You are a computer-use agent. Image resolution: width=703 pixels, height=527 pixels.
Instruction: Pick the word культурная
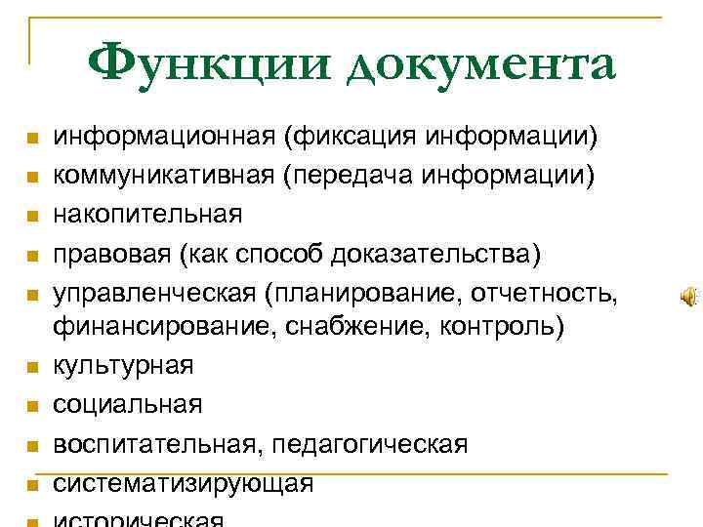pyautogui.click(x=123, y=366)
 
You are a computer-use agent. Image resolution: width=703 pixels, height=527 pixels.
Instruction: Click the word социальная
pyautogui.click(x=128, y=404)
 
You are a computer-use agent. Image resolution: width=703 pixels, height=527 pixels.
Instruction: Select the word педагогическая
pyautogui.click(x=370, y=443)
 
